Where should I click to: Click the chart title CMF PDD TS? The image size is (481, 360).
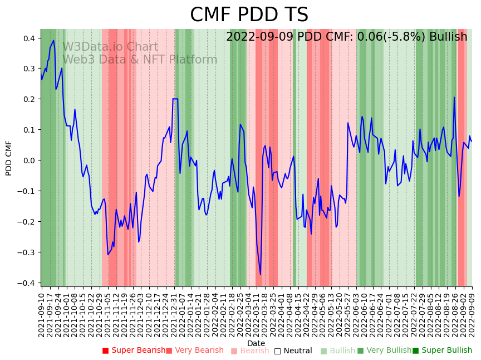[249, 15]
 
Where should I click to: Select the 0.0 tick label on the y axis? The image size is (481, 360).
[28, 160]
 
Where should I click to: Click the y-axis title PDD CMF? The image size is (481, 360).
[9, 158]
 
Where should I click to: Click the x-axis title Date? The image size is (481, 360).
[256, 343]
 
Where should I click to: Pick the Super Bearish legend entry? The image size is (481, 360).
[134, 351]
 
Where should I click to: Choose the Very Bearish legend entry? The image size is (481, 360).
[194, 351]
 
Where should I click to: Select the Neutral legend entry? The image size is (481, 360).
[293, 351]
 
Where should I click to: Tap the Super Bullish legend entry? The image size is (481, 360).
[442, 351]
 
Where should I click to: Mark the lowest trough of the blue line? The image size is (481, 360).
[260, 274]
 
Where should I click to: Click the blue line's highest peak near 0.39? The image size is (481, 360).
[53, 40]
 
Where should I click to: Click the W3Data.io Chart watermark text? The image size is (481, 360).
[110, 47]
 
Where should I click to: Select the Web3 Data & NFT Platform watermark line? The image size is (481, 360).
[140, 60]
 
